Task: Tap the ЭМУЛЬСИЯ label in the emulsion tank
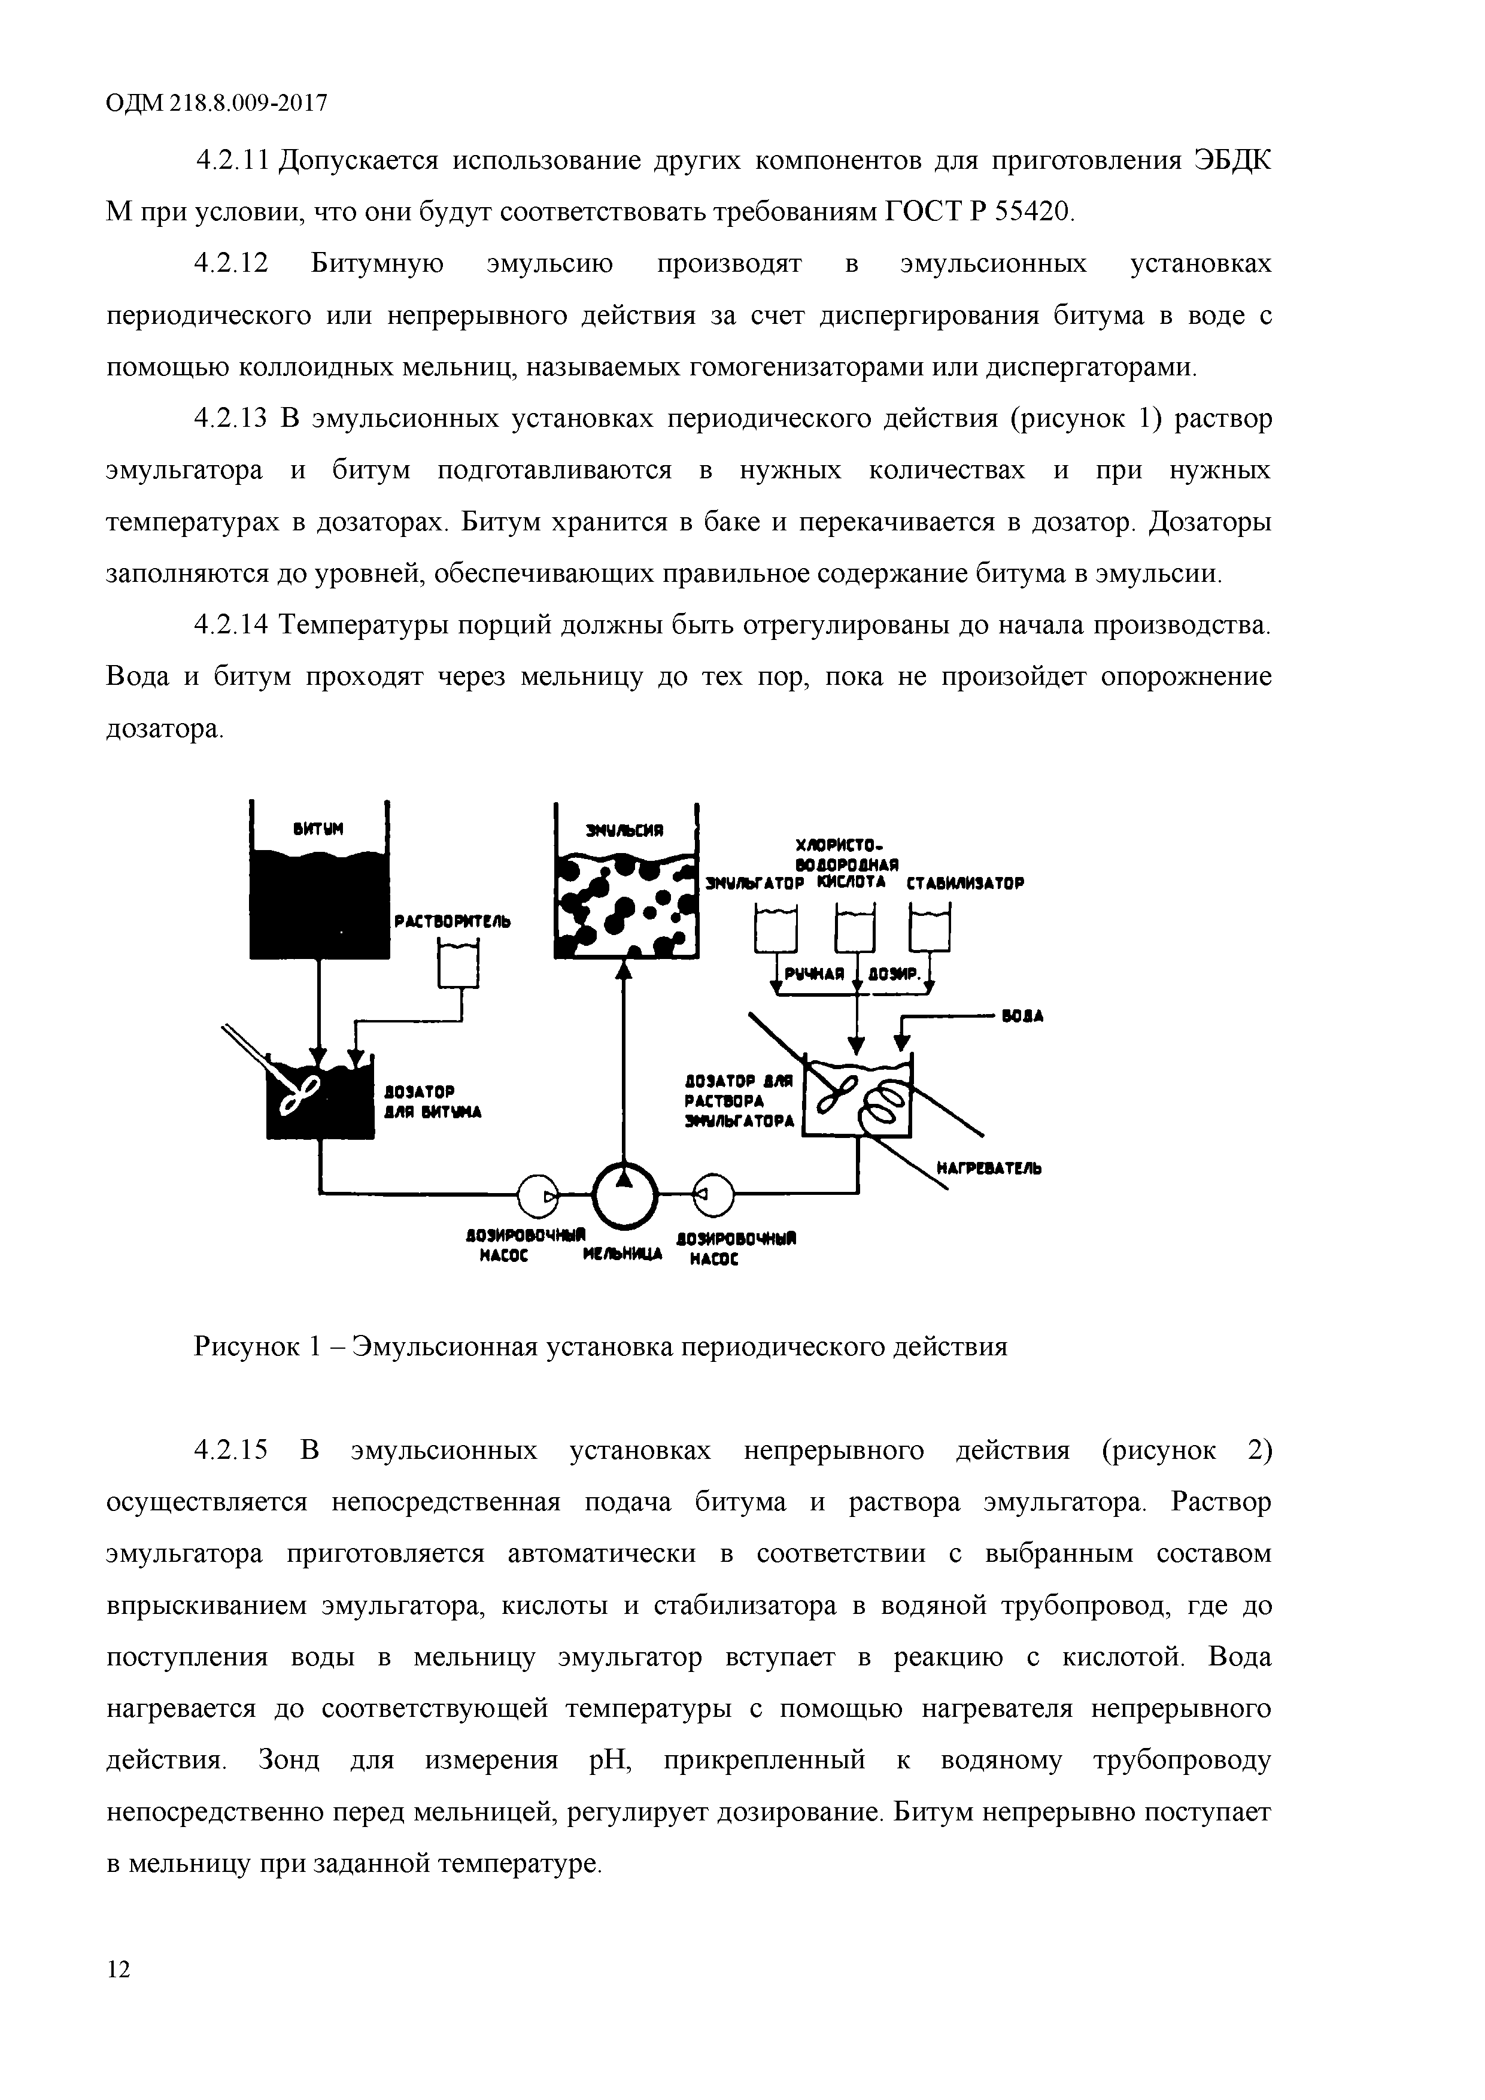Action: [x=624, y=830]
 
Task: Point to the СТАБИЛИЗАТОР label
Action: [x=965, y=884]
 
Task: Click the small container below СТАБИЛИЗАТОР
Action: [x=930, y=928]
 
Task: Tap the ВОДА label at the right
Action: [x=1024, y=1016]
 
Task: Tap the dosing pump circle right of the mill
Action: [x=712, y=1194]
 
